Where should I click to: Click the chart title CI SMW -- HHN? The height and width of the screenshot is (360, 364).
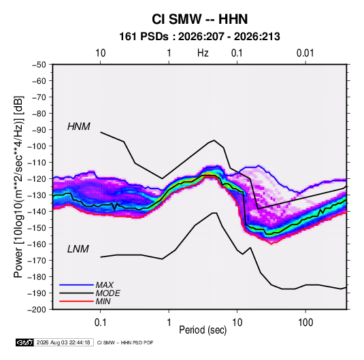point(199,19)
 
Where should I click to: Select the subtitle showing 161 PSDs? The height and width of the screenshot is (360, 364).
point(199,37)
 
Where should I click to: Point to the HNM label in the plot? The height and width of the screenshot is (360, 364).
point(79,127)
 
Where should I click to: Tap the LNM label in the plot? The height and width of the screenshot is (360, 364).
point(78,249)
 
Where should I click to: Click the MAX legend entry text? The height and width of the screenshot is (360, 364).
point(105,284)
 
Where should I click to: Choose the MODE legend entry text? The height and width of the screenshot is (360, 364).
point(107,293)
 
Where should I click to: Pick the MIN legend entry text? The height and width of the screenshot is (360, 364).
point(103,301)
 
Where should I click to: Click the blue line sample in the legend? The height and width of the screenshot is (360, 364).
point(76,284)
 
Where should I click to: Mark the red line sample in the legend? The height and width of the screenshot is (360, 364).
point(76,301)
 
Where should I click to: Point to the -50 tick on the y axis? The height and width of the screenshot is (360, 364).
point(39,65)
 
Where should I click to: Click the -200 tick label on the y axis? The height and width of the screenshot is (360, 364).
point(37,310)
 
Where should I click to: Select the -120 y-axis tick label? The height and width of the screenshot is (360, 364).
point(37,179)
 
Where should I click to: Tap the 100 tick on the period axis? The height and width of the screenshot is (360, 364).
point(305,323)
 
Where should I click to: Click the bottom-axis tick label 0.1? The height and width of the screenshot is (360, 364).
point(100,323)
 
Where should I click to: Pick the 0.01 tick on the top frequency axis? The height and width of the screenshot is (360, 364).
point(305,53)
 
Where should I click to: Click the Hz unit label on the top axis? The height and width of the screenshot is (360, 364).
point(203,53)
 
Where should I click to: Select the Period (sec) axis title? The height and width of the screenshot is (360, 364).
point(203,330)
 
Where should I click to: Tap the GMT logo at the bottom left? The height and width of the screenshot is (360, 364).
point(24,342)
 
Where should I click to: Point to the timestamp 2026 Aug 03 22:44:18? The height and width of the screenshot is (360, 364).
point(63,342)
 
